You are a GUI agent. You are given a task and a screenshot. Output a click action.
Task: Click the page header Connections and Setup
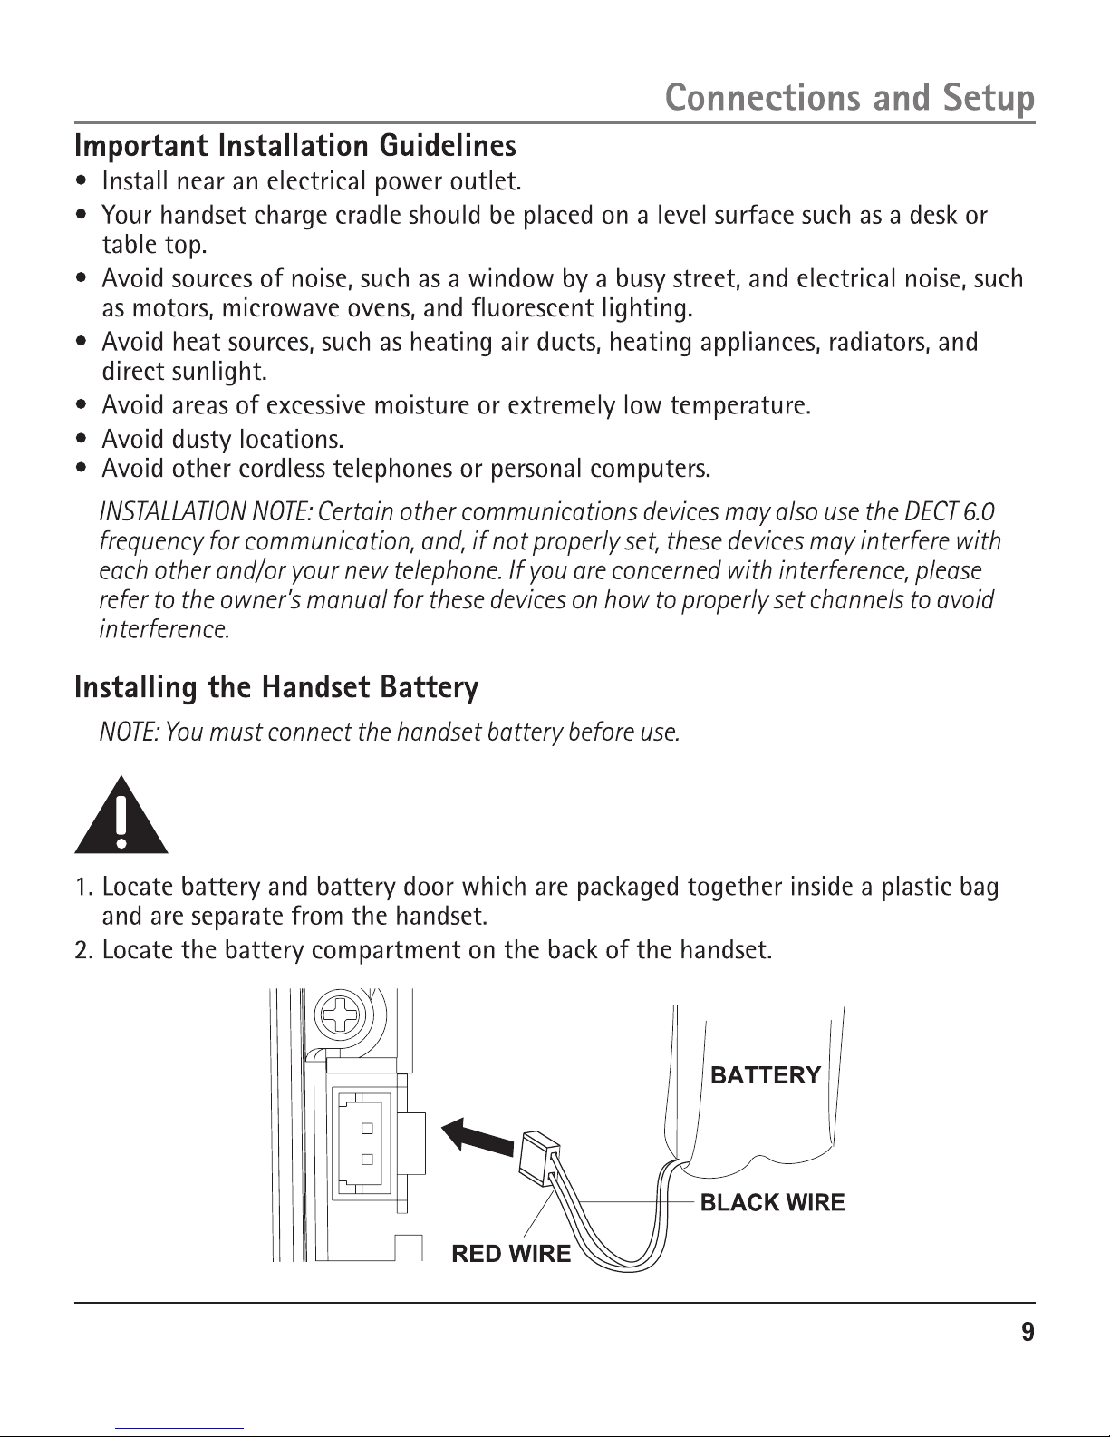(849, 98)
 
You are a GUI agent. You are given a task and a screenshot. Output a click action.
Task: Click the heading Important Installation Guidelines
(295, 146)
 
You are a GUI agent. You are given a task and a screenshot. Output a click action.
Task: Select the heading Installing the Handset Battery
(275, 688)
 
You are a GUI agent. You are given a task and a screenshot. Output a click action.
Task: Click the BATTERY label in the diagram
(765, 1075)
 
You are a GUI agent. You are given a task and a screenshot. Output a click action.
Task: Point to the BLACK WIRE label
(772, 1202)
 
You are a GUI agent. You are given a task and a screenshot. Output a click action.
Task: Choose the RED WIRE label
(511, 1254)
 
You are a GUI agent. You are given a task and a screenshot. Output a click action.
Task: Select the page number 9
(1027, 1332)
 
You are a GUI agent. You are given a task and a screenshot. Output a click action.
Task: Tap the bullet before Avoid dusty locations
(82, 440)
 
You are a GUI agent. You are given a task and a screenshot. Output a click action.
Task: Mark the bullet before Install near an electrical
(82, 182)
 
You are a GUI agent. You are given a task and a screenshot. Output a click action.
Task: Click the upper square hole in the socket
(367, 1129)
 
